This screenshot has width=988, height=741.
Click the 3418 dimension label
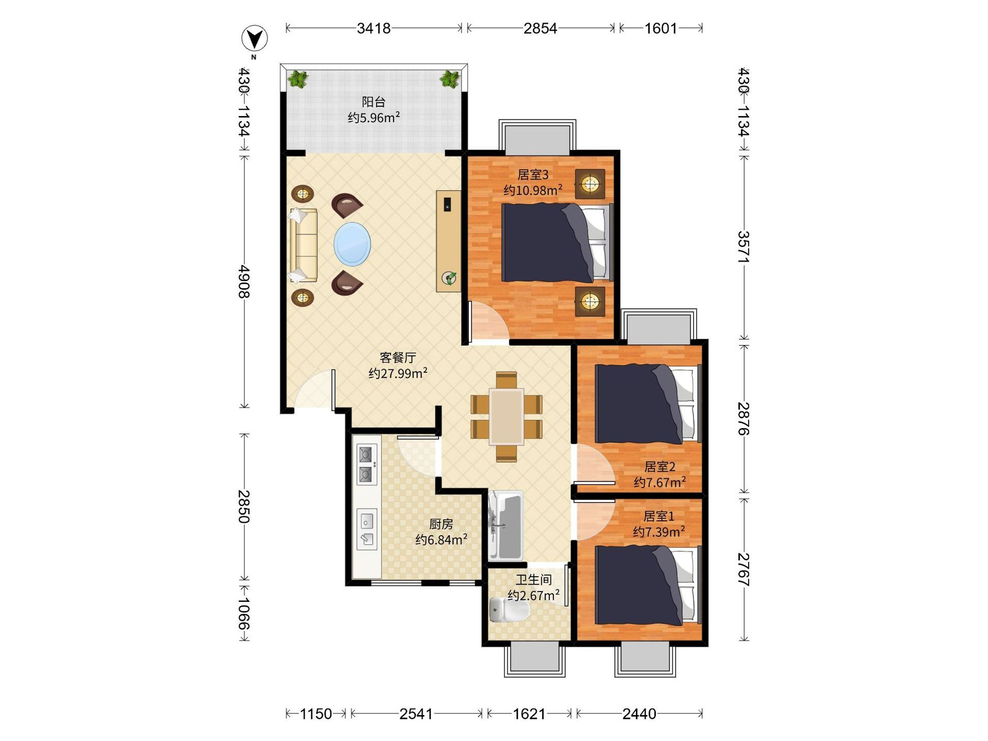coord(373,28)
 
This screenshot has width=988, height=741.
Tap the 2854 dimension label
coord(540,28)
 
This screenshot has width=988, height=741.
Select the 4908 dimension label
coord(244,282)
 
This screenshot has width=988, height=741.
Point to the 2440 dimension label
coord(639,714)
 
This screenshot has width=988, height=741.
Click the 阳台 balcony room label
coord(373,102)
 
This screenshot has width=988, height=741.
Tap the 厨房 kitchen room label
coord(441,524)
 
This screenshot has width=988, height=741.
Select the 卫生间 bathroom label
coord(534,580)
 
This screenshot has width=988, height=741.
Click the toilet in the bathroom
coord(509,610)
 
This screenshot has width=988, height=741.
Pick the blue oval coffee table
coord(352,244)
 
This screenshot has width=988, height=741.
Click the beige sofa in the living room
coord(303,245)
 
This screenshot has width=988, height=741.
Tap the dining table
coord(506,417)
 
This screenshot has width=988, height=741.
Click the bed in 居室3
coord(557,242)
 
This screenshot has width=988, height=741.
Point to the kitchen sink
coord(367,529)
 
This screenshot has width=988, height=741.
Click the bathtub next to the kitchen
coord(506,526)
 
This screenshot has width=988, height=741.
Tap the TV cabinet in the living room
coord(448,241)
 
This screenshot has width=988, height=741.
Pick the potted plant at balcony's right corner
coord(450,79)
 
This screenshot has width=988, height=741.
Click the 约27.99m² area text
coord(398,373)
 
